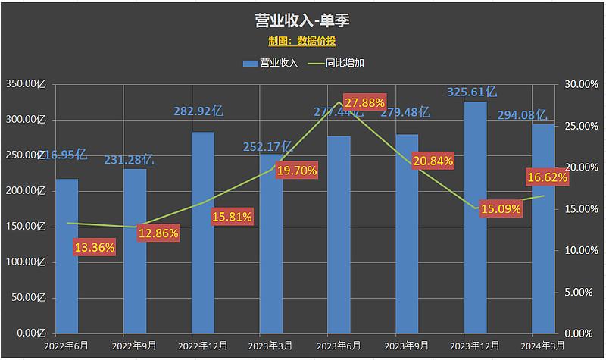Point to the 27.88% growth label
click(364, 102)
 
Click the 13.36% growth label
click(94, 246)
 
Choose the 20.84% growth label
click(433, 161)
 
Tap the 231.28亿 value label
click(129, 160)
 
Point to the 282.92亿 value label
click(199, 111)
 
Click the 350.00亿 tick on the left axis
click(26, 84)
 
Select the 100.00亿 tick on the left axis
click(26, 262)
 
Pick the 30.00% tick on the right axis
click(577, 84)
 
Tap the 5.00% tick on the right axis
click(579, 292)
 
